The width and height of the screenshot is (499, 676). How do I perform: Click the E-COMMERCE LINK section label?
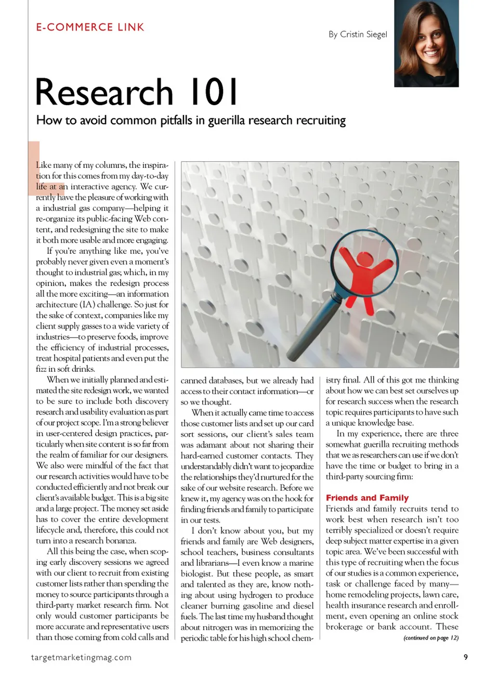(x=90, y=28)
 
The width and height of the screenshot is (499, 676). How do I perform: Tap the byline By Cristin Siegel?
(x=358, y=34)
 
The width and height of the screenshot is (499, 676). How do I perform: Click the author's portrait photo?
(x=426, y=43)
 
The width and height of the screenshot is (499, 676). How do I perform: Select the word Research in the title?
(x=104, y=93)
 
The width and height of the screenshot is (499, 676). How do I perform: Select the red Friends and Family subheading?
(x=367, y=498)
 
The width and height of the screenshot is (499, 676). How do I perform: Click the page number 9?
(x=466, y=657)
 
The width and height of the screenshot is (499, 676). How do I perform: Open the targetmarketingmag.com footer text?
(x=81, y=657)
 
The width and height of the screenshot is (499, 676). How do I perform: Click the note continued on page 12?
(x=431, y=638)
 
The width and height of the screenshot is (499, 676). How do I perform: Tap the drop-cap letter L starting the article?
(x=39, y=165)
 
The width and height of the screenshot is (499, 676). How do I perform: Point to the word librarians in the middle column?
(x=205, y=563)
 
